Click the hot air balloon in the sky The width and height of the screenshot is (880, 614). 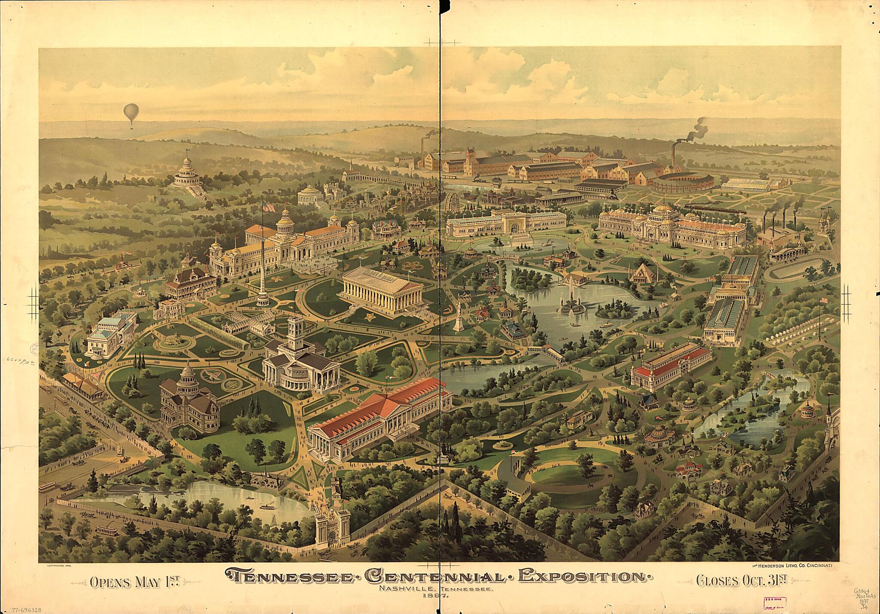[x=129, y=113]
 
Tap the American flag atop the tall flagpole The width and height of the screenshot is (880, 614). [x=269, y=207]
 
